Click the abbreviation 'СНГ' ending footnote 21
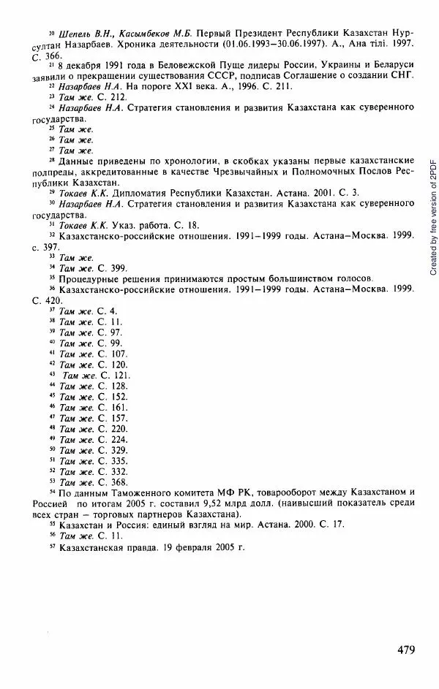tap(399, 76)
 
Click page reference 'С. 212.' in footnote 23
tap(117, 96)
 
